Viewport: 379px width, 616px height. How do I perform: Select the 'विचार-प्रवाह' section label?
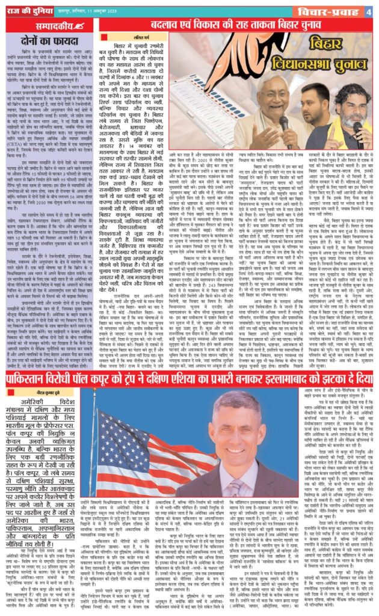(x=327, y=11)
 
